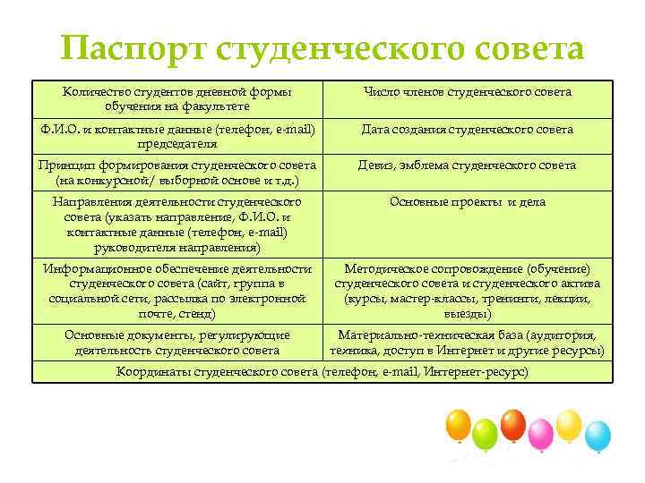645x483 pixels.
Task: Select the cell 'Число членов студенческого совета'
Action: [467, 92]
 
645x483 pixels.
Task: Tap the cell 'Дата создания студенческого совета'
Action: [467, 130]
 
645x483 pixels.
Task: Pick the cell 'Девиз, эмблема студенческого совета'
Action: [467, 165]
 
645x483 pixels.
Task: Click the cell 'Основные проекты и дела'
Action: [467, 202]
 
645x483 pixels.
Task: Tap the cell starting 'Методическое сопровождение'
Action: [467, 291]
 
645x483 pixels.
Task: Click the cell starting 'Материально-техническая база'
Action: [467, 343]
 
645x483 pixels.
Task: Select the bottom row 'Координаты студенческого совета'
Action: [322, 371]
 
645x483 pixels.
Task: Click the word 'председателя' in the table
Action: [176, 143]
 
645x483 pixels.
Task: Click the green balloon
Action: [485, 435]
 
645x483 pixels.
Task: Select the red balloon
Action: [513, 423]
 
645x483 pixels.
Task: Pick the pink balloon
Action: [541, 435]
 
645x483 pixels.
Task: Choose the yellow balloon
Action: [569, 424]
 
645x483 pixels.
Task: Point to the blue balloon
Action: [597, 436]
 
